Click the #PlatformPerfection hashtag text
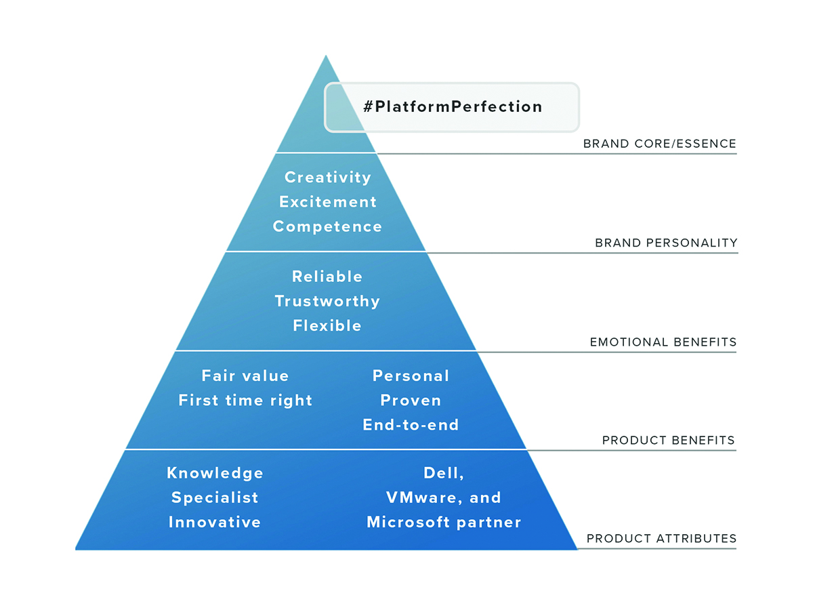coord(453,106)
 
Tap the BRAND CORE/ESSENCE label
coord(660,144)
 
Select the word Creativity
coord(328,178)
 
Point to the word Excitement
coord(328,202)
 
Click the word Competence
coord(327,226)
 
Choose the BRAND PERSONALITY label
coord(667,243)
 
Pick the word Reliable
coord(327,277)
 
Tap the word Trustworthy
coord(327,301)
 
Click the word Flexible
coord(327,325)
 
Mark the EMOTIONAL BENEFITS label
coord(663,342)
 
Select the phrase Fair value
coord(245,375)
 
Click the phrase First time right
coord(245,401)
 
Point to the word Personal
coord(411,375)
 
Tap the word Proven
coord(411,401)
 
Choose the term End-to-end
coord(411,425)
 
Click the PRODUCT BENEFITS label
coord(669,440)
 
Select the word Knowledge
coord(215,473)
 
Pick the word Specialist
coord(215,497)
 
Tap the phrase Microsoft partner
coord(444,522)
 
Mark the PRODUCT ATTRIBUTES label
coord(661,538)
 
